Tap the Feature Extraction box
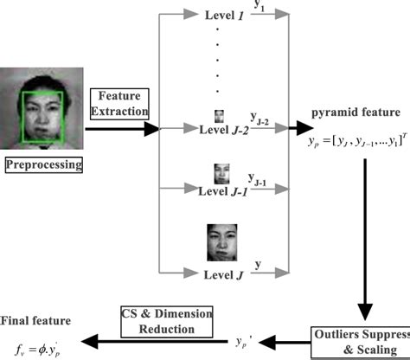[x=125, y=103]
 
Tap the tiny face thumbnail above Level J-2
[x=220, y=115]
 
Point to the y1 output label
[x=259, y=7]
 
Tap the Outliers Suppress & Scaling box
[x=362, y=339]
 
